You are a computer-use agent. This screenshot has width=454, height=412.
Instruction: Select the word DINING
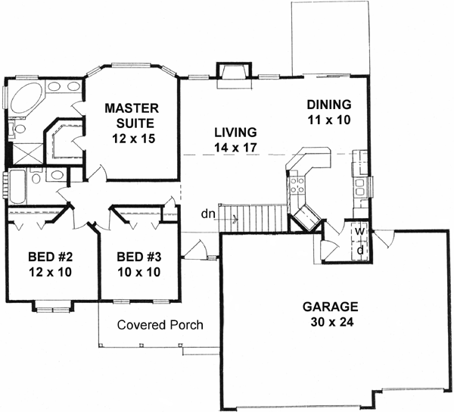[328, 105]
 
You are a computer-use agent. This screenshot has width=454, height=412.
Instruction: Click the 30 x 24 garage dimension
[330, 322]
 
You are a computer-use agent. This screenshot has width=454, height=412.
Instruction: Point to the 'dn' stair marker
[208, 214]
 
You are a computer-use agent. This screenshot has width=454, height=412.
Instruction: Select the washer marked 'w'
[362, 231]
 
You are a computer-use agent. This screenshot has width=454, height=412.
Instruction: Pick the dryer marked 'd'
[362, 248]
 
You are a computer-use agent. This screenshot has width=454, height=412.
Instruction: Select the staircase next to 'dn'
[261, 219]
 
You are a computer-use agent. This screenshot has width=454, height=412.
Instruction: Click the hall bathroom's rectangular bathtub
[19, 187]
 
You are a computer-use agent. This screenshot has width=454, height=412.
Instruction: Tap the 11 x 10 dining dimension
[328, 119]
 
